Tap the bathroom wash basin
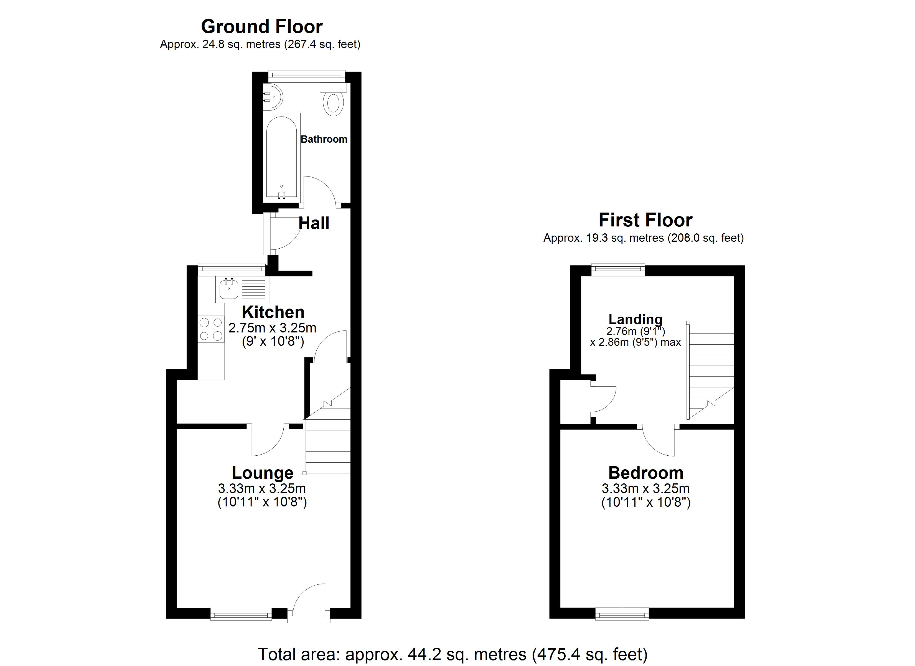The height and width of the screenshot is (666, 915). pos(273,97)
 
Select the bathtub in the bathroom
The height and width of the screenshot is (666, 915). pos(282,158)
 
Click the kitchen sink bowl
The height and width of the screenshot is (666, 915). pos(229,289)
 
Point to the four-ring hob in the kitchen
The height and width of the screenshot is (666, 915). pos(211,329)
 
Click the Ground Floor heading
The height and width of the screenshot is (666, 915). pos(262,27)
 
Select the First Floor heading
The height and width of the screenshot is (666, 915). pos(645,220)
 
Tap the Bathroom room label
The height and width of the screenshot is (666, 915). pos(324,139)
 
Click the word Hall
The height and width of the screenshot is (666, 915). pos(314,223)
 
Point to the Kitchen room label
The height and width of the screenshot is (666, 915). pos(273,312)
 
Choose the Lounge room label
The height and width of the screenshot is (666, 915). pos(263,473)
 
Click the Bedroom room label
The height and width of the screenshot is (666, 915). pos(646,473)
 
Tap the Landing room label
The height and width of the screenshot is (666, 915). pos(636,319)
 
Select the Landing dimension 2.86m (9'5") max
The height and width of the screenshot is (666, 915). pos(636,342)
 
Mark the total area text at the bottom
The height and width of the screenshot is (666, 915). pos(453,654)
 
